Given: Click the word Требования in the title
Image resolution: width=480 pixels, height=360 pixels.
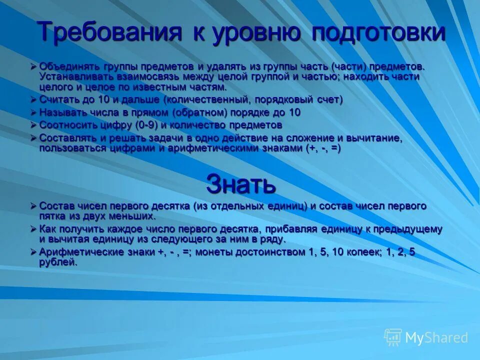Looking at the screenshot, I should pyautogui.click(x=109, y=32).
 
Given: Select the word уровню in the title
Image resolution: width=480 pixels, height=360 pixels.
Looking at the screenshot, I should pyautogui.click(x=257, y=32).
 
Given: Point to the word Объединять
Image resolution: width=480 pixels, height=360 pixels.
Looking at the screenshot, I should pyautogui.click(x=70, y=66).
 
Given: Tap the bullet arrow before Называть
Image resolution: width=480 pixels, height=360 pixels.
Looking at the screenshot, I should pyautogui.click(x=33, y=112).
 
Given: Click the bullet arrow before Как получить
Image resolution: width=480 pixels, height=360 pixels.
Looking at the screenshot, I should pyautogui.click(x=33, y=229).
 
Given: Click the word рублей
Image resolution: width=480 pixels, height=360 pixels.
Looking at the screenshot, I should pyautogui.click(x=58, y=262).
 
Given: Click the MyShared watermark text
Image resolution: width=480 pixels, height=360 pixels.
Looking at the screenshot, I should pyautogui.click(x=436, y=338).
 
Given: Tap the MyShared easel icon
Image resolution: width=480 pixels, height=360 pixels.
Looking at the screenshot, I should pyautogui.click(x=393, y=337).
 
